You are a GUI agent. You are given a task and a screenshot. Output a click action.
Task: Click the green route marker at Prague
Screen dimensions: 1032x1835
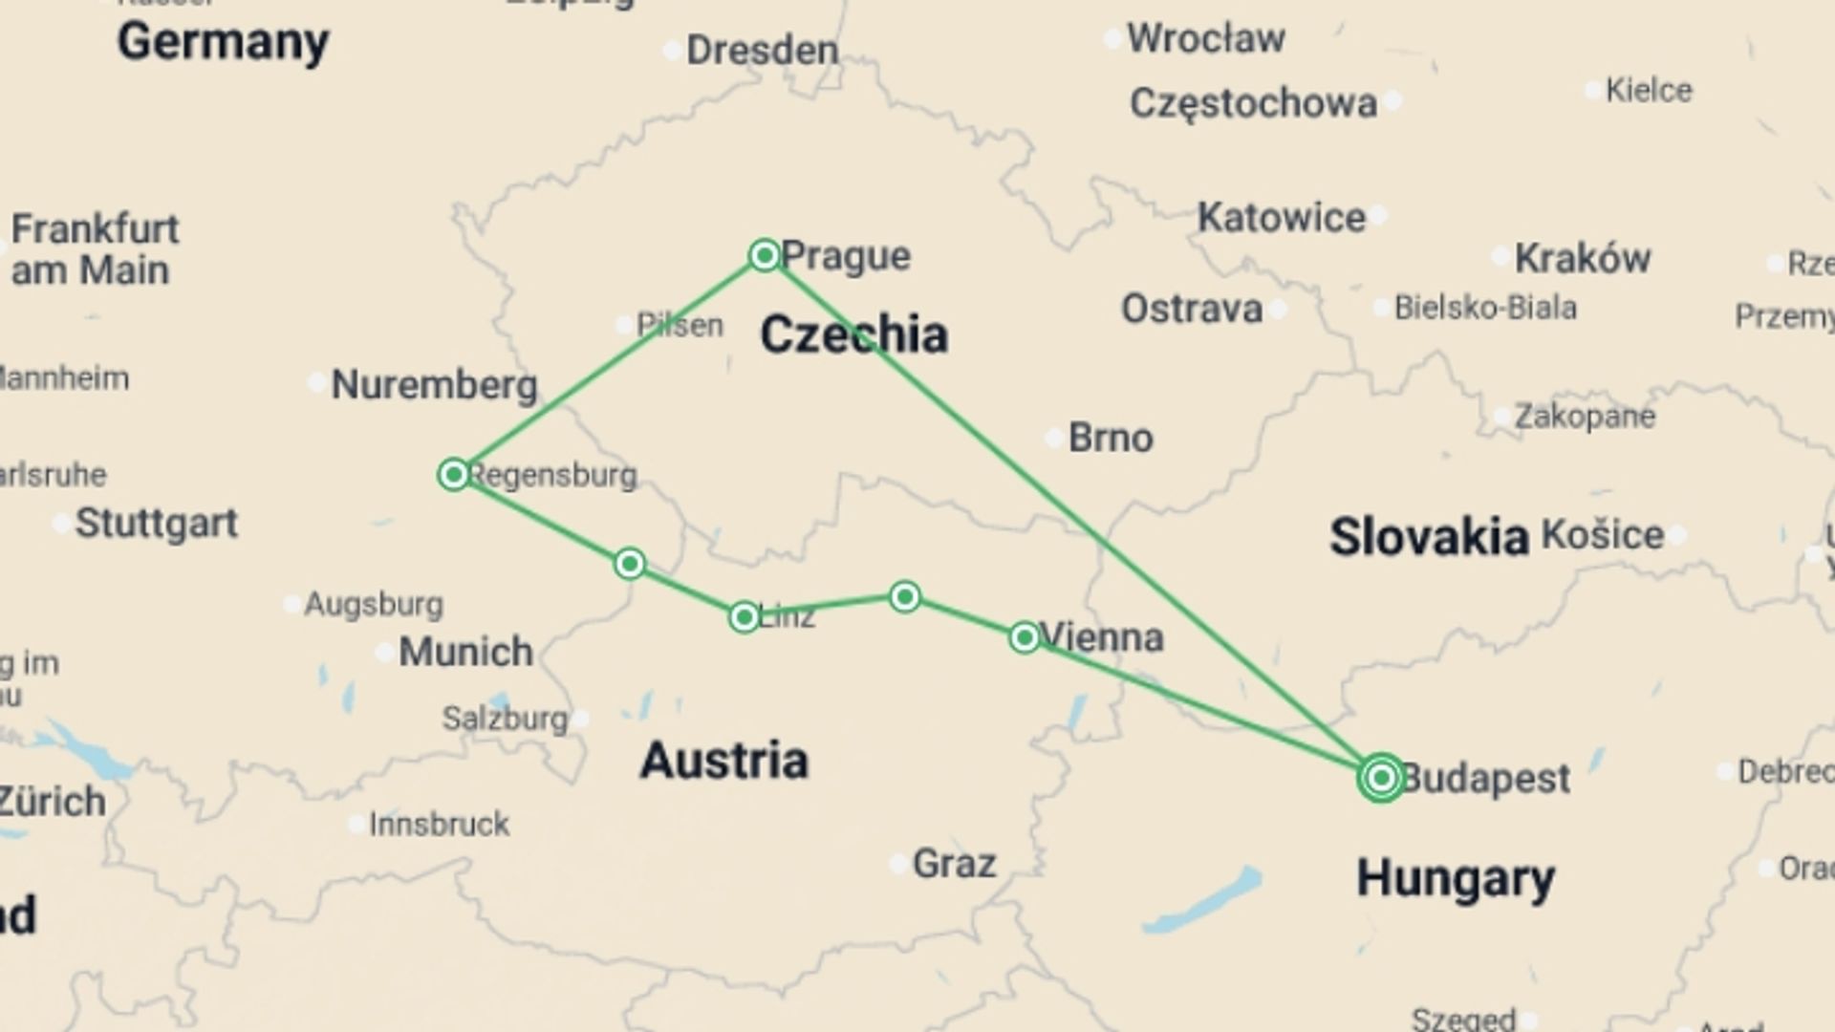point(765,255)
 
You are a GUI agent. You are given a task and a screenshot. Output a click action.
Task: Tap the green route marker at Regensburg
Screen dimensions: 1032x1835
point(454,474)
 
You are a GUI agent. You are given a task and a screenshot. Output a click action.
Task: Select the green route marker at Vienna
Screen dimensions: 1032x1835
point(1024,637)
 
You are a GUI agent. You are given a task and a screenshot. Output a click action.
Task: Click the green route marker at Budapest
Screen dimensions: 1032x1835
point(1380,778)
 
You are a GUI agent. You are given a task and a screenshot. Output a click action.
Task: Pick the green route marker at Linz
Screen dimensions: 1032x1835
point(745,617)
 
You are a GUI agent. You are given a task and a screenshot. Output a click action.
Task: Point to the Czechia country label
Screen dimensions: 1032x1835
point(853,335)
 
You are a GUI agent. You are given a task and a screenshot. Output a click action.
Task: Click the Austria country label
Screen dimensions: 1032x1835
point(724,761)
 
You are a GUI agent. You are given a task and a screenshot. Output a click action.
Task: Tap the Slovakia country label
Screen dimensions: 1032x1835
point(1429,536)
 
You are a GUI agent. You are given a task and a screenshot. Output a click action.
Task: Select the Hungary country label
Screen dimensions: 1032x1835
point(1455,877)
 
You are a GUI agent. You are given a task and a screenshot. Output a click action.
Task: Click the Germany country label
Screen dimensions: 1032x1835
point(223,42)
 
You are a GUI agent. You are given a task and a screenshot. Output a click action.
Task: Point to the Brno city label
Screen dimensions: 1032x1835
point(1111,438)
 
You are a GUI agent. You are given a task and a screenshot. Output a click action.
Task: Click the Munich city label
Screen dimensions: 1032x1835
point(465,652)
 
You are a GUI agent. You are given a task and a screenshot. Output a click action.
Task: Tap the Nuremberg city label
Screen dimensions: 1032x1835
point(434,385)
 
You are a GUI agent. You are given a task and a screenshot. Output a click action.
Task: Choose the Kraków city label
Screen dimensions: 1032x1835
point(1583,258)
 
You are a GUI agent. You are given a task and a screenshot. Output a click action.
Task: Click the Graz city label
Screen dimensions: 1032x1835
point(954,864)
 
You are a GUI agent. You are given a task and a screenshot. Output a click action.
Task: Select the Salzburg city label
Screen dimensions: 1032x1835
point(505,719)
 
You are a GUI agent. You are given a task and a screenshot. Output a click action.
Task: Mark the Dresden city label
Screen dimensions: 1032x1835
point(762,51)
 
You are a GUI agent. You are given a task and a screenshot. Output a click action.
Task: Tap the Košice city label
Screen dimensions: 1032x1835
point(1603,534)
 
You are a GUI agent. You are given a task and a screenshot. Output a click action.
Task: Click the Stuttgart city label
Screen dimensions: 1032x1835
point(157,524)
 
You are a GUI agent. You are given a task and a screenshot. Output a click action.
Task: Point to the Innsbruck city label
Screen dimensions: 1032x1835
point(440,824)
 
